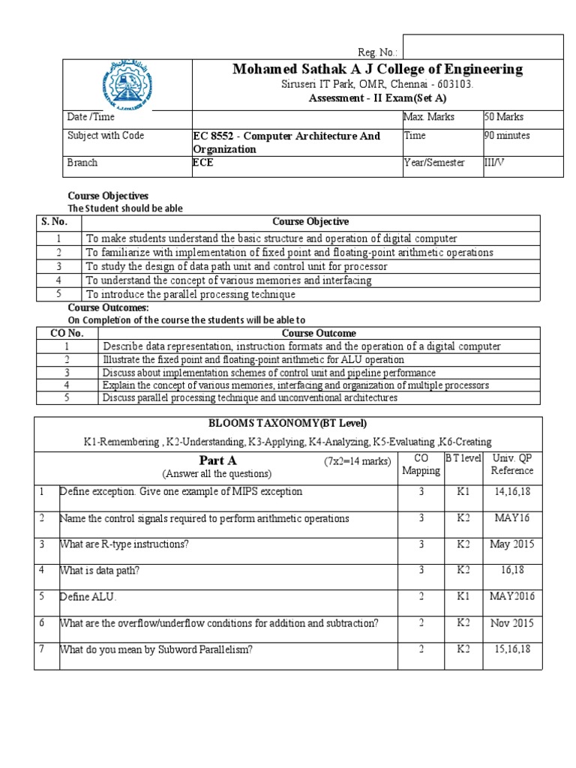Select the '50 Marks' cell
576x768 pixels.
[504, 118]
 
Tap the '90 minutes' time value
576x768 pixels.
[507, 136]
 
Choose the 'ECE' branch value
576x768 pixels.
[203, 162]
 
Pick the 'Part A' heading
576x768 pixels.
[217, 460]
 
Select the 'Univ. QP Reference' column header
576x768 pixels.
[512, 464]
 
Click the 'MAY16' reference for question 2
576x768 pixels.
[512, 518]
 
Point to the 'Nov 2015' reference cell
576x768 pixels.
[512, 623]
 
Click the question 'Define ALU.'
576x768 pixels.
[88, 597]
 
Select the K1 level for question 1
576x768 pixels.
[462, 492]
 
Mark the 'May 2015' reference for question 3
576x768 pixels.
[512, 544]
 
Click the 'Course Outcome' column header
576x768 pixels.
[319, 333]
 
